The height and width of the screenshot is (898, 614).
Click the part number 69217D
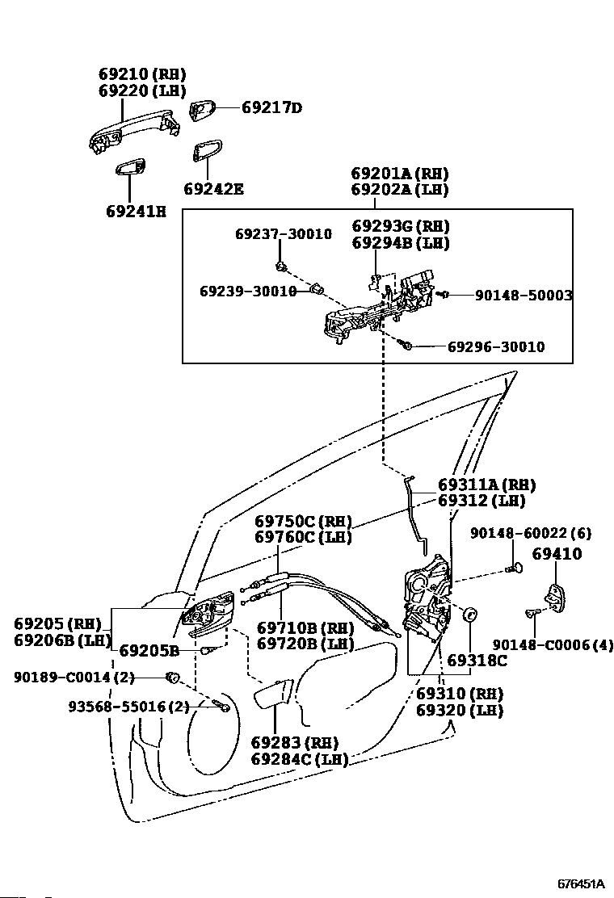[271, 107]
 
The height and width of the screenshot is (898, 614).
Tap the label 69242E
[213, 188]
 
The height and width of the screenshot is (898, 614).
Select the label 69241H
[137, 212]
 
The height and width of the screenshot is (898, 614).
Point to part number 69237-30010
[284, 233]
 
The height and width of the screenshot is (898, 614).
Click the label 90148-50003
[524, 295]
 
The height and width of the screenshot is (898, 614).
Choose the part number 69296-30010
[496, 346]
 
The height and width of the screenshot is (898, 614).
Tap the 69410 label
[557, 554]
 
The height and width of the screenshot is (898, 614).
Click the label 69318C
[477, 661]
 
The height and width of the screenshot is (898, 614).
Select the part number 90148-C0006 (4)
[553, 645]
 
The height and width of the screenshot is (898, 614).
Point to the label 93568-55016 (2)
[129, 707]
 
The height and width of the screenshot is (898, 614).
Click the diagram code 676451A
[582, 883]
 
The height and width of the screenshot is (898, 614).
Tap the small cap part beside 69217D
[202, 110]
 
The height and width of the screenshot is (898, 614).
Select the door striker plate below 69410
[556, 598]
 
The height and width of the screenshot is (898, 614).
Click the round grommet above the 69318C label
[469, 614]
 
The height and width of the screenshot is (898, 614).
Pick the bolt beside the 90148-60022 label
[513, 568]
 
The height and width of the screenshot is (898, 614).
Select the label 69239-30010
[248, 292]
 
